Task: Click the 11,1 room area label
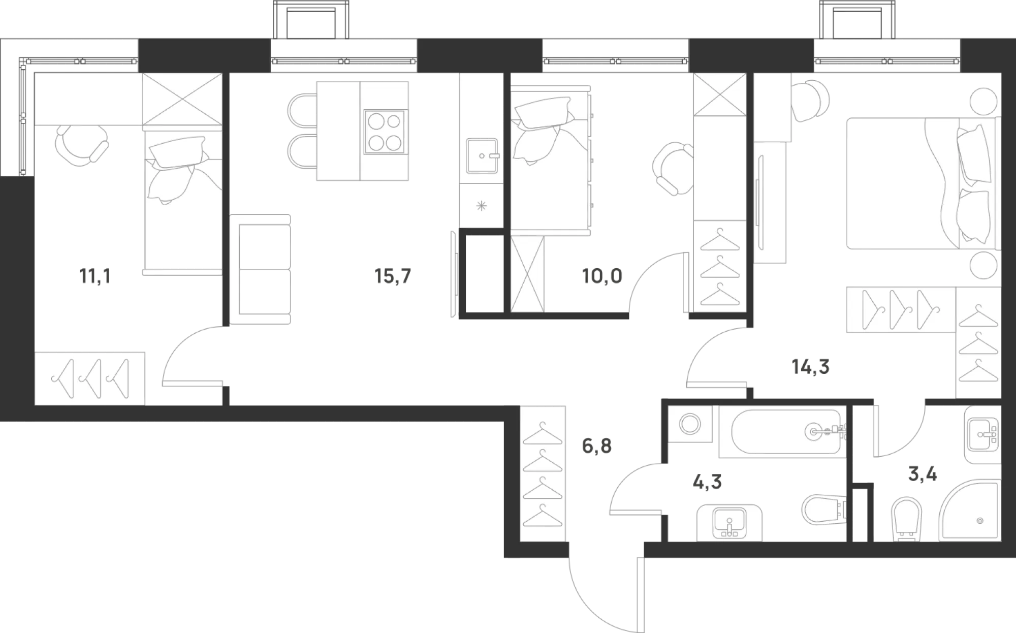tap(95, 277)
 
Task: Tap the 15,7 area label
tap(392, 277)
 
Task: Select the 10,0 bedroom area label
tap(602, 277)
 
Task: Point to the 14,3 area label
tap(811, 366)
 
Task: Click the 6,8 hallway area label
tap(596, 447)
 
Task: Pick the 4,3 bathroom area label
tap(707, 481)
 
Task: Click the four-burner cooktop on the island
tap(385, 132)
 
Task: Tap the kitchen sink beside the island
tap(482, 155)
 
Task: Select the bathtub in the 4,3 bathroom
tap(787, 432)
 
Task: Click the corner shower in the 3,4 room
tap(970, 510)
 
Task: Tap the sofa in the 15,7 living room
tap(260, 269)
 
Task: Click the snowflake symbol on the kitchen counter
tap(481, 206)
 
